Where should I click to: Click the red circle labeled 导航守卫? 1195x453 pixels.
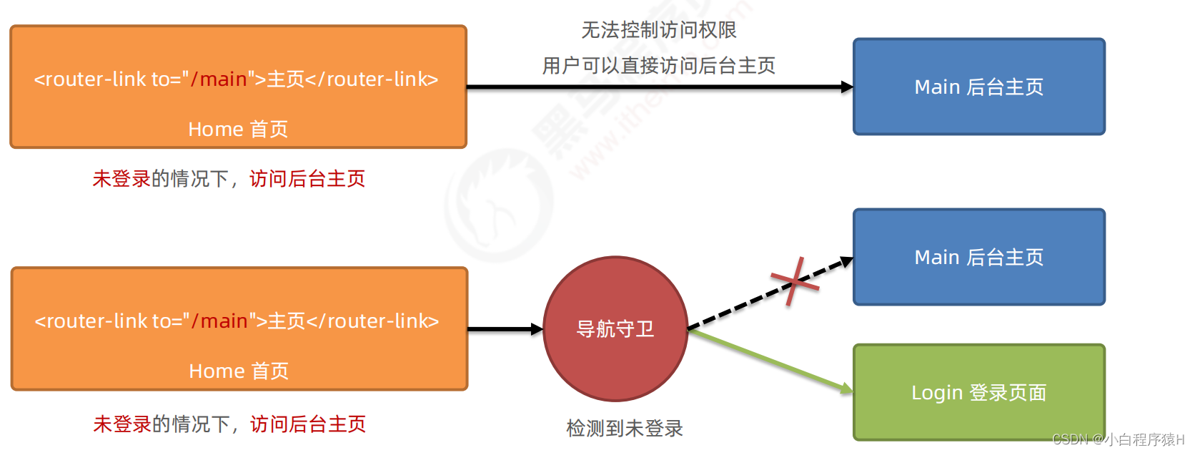tap(615, 329)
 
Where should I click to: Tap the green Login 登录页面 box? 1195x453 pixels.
tap(978, 392)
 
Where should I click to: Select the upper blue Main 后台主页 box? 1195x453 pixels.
tap(978, 87)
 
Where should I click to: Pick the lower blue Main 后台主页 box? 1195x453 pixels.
tap(978, 257)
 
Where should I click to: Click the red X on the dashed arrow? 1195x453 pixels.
tap(794, 281)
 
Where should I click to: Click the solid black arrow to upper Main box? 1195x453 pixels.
tap(658, 87)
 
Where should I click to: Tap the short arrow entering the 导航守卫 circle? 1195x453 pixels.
tap(505, 329)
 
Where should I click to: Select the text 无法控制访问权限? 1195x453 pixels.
tap(658, 30)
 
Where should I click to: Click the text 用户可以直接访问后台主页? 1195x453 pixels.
tap(658, 66)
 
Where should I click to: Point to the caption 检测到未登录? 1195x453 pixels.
tap(625, 428)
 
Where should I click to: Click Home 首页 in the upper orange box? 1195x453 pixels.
tap(238, 129)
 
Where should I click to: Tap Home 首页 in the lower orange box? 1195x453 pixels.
tap(239, 371)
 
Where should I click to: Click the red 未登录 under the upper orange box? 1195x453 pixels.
tap(122, 178)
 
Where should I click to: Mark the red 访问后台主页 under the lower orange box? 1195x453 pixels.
tap(308, 424)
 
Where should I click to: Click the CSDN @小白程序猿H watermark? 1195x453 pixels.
tap(1118, 439)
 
